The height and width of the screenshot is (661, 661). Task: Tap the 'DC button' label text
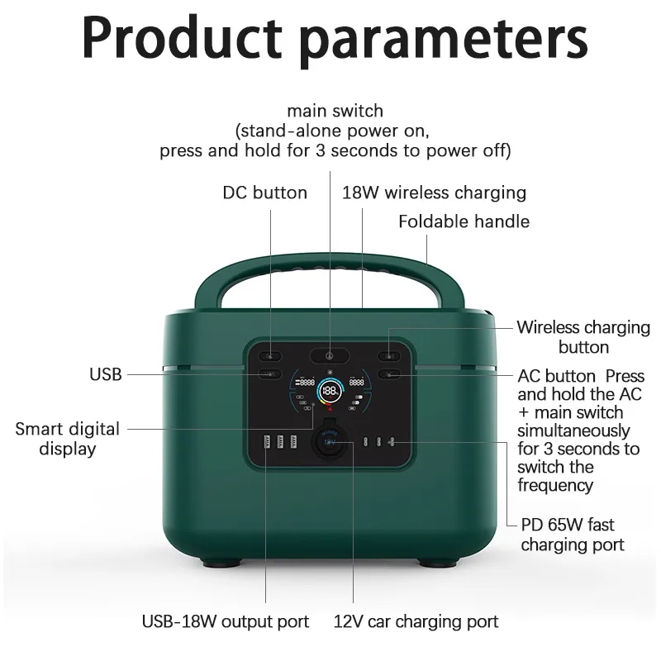click(x=264, y=193)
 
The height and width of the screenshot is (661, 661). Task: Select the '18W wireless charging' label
click(x=434, y=193)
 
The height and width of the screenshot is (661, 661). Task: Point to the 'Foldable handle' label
click(x=464, y=221)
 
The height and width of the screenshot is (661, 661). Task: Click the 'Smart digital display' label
click(x=67, y=439)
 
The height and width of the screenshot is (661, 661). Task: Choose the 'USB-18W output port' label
click(x=226, y=621)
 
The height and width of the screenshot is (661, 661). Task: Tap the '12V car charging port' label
click(x=416, y=621)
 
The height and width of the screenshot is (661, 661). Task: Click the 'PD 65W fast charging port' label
click(x=572, y=535)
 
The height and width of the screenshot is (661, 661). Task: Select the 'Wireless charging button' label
click(x=583, y=336)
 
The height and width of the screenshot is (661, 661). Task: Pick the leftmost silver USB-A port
click(x=266, y=442)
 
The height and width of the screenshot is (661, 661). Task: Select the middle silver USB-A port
click(x=280, y=442)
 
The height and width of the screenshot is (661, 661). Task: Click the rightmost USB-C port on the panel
click(x=391, y=442)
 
